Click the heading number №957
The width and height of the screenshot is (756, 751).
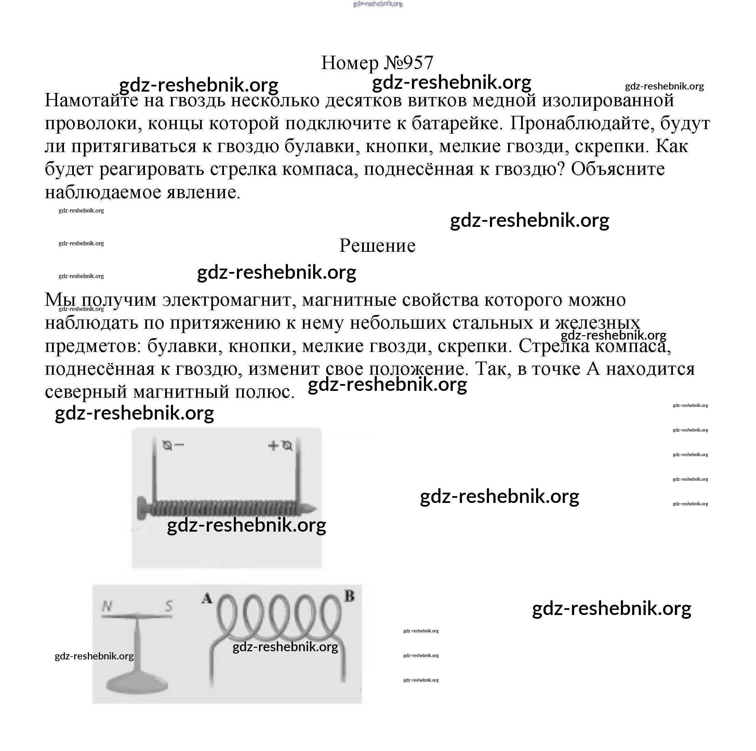pyautogui.click(x=408, y=63)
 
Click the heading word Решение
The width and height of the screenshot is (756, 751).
pyautogui.click(x=377, y=246)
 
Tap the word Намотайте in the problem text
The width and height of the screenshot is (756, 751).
pyautogui.click(x=92, y=100)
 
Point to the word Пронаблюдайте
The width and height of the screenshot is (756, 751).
pyautogui.click(x=583, y=124)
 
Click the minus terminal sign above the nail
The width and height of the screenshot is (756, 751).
pyautogui.click(x=179, y=445)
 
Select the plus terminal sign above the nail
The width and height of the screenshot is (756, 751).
pyautogui.click(x=273, y=445)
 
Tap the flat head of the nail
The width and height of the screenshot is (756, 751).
pyautogui.click(x=141, y=509)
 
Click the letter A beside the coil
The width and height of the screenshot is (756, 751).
pyautogui.click(x=207, y=599)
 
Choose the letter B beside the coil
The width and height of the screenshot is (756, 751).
pyautogui.click(x=349, y=596)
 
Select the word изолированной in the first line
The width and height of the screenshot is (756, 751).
pyautogui.click(x=608, y=100)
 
